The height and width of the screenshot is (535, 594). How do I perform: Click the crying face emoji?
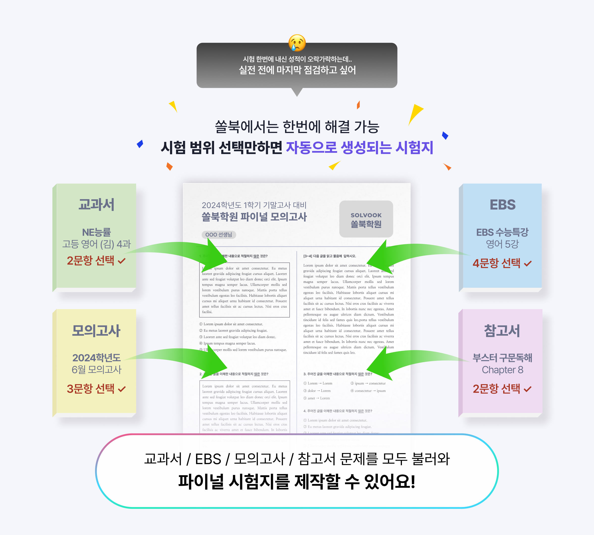pyautogui.click(x=297, y=43)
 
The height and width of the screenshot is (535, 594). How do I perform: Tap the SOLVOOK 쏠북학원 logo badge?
pyautogui.click(x=366, y=219)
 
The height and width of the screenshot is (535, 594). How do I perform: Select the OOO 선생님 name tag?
pyautogui.click(x=219, y=235)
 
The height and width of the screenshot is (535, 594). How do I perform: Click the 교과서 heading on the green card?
pyautogui.click(x=96, y=205)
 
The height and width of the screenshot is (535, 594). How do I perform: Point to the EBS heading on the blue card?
pyautogui.click(x=502, y=205)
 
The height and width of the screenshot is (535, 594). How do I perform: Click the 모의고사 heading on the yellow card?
pyautogui.click(x=96, y=330)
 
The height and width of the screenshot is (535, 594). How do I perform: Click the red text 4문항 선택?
pyautogui.click(x=496, y=263)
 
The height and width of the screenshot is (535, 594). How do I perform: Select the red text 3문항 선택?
pyautogui.click(x=91, y=389)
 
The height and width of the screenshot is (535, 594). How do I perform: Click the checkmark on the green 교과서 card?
pyautogui.click(x=122, y=261)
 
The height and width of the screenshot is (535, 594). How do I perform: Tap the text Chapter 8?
pyautogui.click(x=502, y=370)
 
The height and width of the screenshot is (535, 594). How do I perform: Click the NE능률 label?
pyautogui.click(x=96, y=232)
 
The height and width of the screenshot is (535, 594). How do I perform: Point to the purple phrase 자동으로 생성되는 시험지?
pyautogui.click(x=360, y=148)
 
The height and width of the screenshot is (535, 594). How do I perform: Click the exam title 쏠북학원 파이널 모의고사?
pyautogui.click(x=254, y=217)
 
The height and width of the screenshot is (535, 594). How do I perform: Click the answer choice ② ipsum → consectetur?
pyautogui.click(x=368, y=383)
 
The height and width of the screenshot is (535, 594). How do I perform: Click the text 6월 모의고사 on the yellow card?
pyautogui.click(x=96, y=370)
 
